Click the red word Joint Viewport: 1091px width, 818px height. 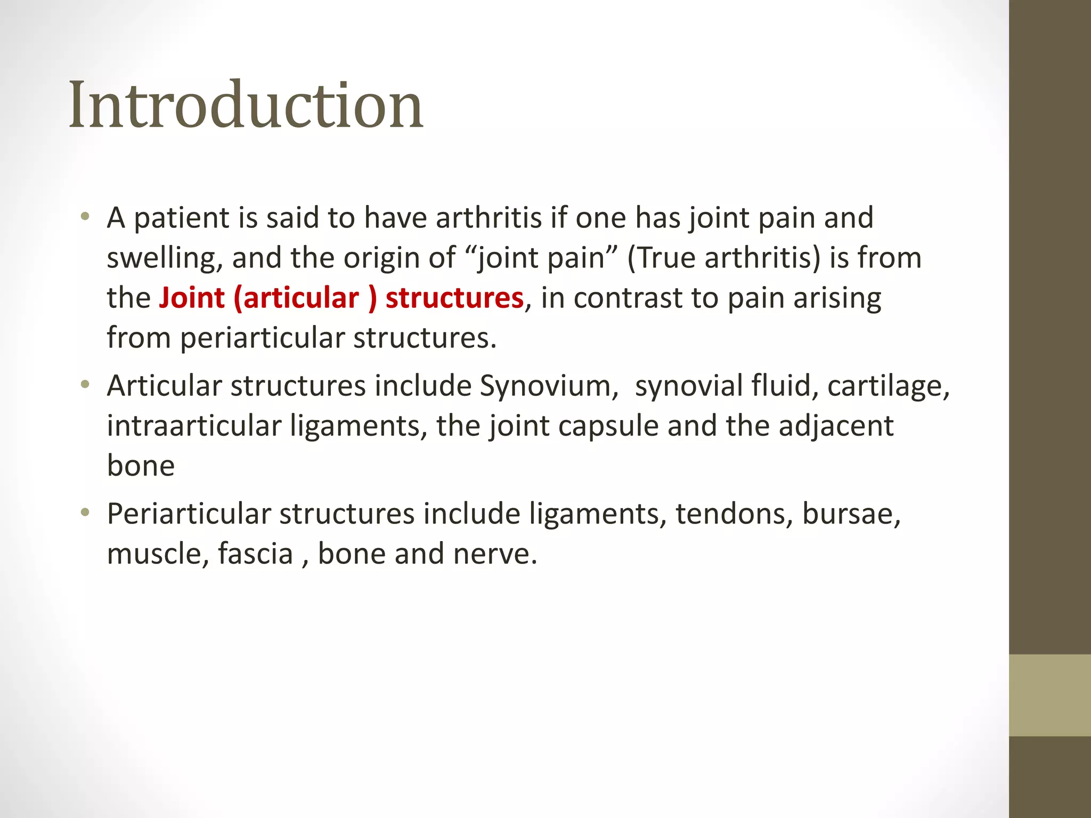pos(192,298)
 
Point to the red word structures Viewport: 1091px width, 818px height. pos(454,298)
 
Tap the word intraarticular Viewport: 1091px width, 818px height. pos(194,426)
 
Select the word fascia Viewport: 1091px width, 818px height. pos(255,554)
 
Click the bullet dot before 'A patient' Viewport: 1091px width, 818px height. pos(85,216)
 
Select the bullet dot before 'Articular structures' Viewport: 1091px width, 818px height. pos(85,384)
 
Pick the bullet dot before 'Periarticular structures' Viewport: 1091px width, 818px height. pos(85,512)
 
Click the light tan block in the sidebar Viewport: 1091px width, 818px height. pos(1049,695)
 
